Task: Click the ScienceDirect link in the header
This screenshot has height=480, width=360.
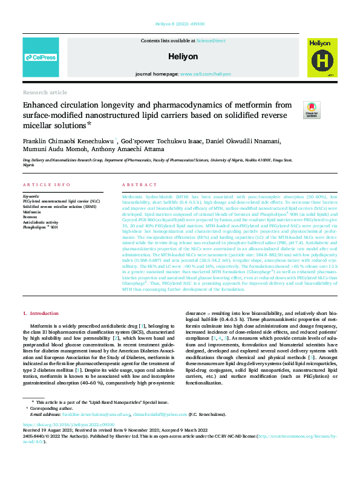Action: [211, 40]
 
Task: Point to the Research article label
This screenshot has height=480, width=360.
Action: [45, 92]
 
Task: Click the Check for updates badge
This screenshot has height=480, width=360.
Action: [312, 109]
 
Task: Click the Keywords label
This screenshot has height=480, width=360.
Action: [31, 197]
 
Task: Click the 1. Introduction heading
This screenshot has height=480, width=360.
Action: [41, 314]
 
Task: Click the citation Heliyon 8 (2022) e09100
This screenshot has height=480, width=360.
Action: [180, 24]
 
